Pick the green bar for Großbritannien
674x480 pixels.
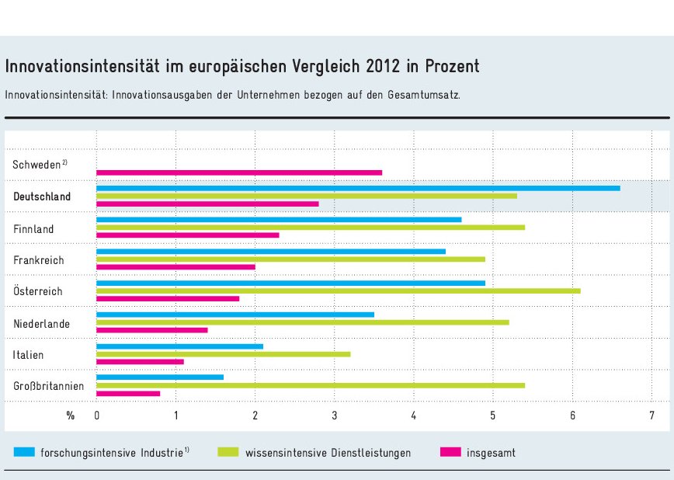311,385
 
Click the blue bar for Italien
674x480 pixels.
179,346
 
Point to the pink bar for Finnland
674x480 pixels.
187,235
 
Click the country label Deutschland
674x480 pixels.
42,197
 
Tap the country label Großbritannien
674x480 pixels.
48,386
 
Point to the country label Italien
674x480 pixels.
28,355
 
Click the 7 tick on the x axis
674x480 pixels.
651,416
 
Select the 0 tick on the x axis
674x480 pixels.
96,416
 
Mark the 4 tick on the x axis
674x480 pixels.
414,416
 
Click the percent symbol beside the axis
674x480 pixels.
71,416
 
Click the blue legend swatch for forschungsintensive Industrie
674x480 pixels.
25,451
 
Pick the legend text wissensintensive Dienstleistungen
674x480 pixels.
328,452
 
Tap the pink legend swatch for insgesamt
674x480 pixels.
450,451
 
